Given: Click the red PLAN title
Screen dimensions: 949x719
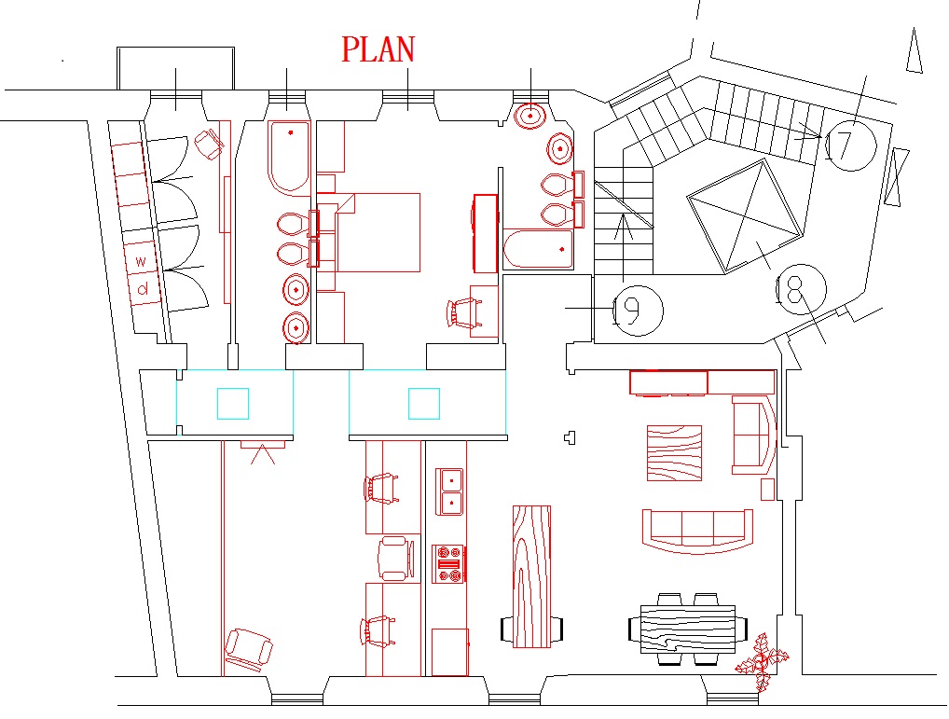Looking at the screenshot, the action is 378,49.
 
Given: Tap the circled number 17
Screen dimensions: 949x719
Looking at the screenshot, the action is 851,145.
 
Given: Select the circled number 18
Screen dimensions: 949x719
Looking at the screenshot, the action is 801,290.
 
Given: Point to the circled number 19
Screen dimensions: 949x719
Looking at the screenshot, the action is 638,311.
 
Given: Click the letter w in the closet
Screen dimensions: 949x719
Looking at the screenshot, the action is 141,261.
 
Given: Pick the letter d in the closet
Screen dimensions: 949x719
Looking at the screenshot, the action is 143,289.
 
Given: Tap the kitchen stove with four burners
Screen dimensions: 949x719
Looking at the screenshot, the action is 448,564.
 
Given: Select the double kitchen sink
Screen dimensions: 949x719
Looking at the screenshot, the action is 449,491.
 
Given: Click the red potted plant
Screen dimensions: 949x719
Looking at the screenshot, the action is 762,661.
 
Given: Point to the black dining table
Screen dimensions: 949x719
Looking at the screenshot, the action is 688,629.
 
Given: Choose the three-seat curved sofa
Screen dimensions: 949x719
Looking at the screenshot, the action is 697,532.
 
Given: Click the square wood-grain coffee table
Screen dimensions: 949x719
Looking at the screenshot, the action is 674,453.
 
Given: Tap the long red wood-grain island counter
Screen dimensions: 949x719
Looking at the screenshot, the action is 532,576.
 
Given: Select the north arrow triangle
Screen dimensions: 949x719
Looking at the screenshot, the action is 914,51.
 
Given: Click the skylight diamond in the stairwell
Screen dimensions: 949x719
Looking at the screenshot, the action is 745,216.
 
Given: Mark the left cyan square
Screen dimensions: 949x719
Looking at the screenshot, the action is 233,404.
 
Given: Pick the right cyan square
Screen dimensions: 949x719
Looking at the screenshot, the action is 423,404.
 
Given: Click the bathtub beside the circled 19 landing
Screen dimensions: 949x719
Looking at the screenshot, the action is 538,249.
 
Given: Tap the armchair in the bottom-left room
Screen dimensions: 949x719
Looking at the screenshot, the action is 249,649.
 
